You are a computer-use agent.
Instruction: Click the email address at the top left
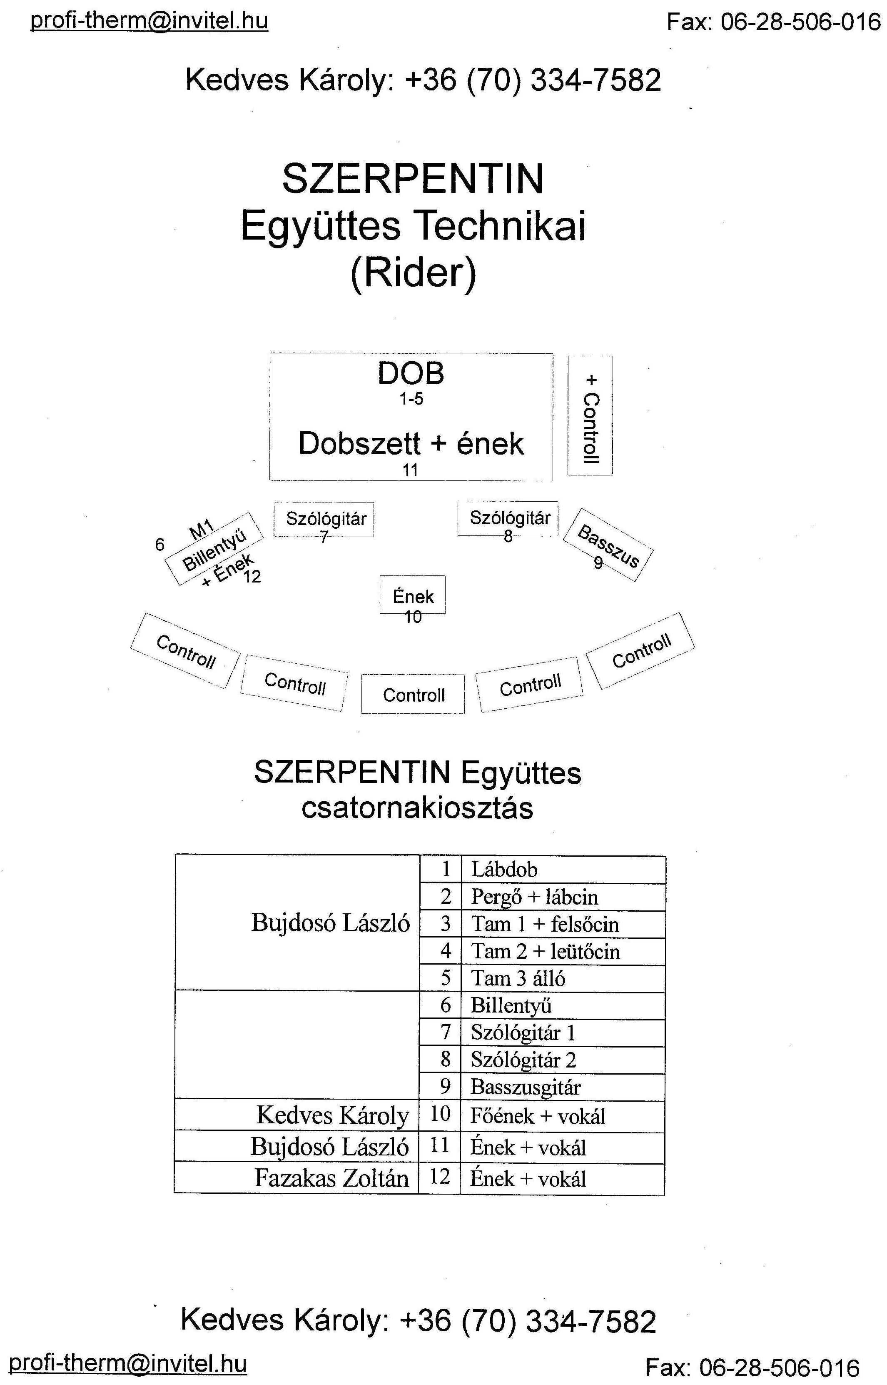click(149, 21)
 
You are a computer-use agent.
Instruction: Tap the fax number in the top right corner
click(774, 22)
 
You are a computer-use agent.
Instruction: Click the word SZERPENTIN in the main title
click(412, 179)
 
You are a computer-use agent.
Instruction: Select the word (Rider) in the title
click(414, 273)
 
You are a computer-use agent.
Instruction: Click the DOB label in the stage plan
click(411, 373)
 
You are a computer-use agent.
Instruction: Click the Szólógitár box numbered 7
click(324, 520)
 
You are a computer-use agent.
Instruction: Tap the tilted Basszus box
click(608, 545)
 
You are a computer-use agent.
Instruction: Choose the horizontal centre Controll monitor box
click(413, 694)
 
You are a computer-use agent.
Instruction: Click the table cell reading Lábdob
click(563, 869)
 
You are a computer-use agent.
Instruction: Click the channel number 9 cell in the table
click(440, 1087)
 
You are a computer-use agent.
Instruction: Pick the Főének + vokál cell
click(562, 1116)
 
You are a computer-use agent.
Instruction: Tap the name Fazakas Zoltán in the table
click(332, 1178)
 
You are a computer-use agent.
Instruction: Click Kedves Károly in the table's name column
click(333, 1115)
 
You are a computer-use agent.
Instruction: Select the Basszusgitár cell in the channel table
click(563, 1087)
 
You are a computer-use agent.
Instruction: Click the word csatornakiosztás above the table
click(417, 808)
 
